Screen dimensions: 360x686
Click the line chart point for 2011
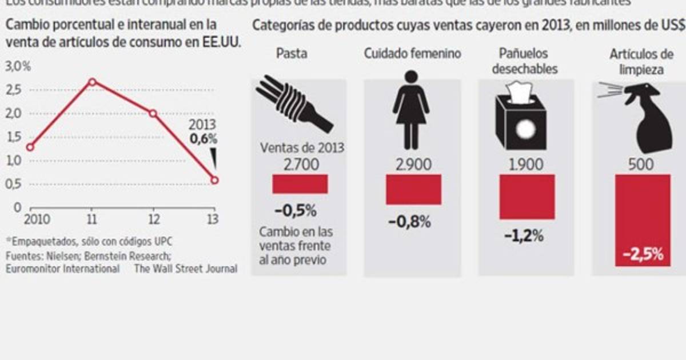click(x=91, y=82)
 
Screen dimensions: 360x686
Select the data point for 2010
click(x=30, y=147)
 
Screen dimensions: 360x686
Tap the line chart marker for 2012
click(x=153, y=113)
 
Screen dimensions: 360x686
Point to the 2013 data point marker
click(x=214, y=180)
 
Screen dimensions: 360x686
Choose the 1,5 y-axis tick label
click(x=15, y=137)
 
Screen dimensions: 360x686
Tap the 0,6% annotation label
click(x=204, y=138)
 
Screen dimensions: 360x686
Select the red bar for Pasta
click(x=300, y=184)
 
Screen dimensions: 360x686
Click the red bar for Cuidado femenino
click(x=413, y=190)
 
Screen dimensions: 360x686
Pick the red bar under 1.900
click(x=527, y=197)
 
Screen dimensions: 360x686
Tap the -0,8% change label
click(x=409, y=222)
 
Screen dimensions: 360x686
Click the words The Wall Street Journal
click(x=185, y=268)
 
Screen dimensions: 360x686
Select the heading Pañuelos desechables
click(x=523, y=61)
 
